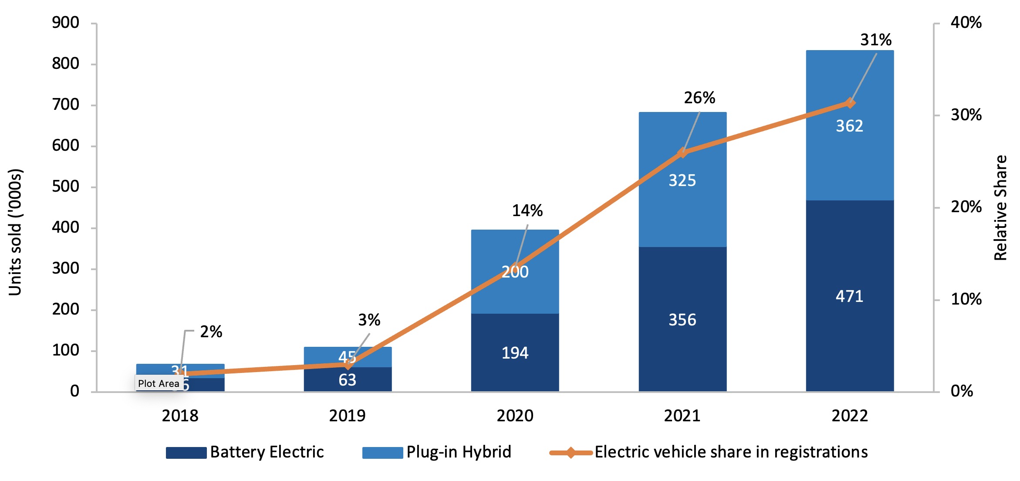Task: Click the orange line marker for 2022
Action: (x=850, y=103)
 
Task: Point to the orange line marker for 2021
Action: (x=682, y=152)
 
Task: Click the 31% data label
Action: (x=876, y=40)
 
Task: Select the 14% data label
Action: (x=527, y=211)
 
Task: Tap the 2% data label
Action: (x=211, y=332)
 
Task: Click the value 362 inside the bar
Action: (x=849, y=126)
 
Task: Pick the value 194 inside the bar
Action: (x=515, y=353)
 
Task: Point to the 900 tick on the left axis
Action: (x=66, y=23)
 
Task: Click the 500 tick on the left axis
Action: (x=66, y=186)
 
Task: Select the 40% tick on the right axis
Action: (x=966, y=23)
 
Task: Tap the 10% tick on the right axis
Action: (x=966, y=299)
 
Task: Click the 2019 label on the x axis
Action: (x=347, y=416)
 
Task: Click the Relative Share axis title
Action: (x=1000, y=208)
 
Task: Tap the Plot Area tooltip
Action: (x=159, y=383)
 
